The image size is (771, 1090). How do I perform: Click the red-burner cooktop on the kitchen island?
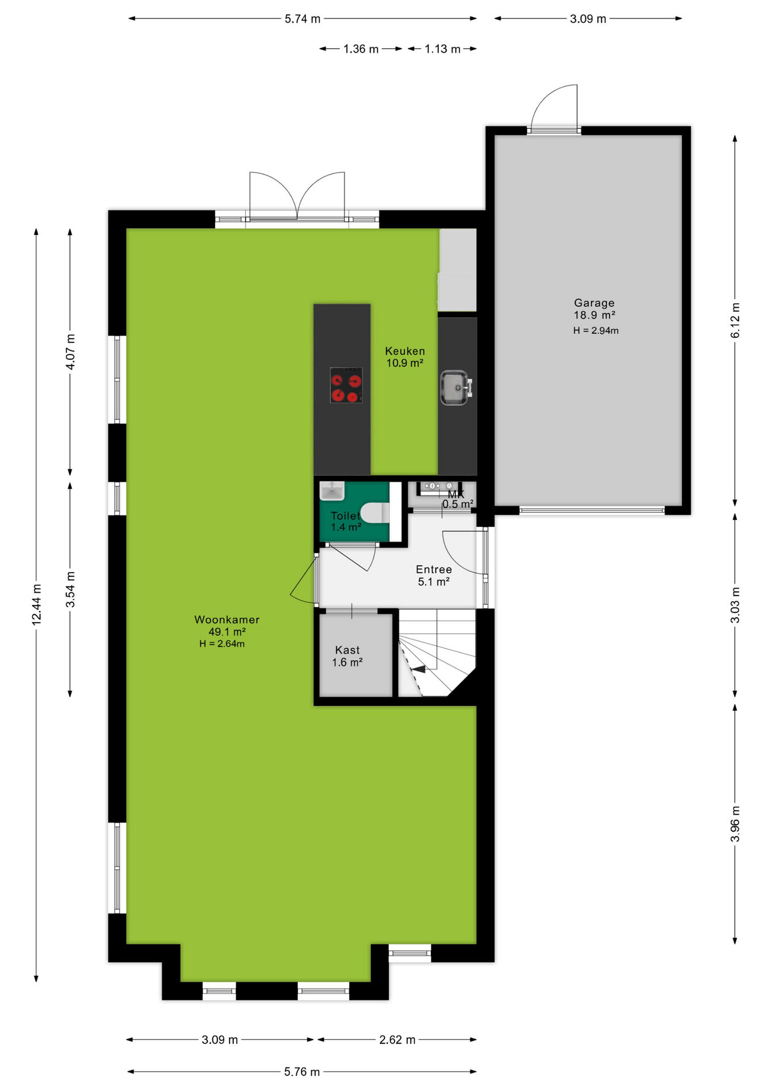click(346, 385)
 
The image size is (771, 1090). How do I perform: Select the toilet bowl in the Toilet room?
click(375, 513)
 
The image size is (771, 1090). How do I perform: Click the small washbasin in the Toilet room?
click(332, 491)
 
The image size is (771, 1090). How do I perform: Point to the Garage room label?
click(594, 303)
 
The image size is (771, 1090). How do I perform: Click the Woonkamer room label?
click(227, 620)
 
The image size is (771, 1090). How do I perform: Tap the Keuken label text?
click(405, 351)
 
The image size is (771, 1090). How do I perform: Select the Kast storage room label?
click(347, 650)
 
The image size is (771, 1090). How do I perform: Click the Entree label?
click(434, 569)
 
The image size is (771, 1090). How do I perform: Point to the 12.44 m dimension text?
click(36, 605)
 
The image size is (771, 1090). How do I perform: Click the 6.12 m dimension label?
click(735, 321)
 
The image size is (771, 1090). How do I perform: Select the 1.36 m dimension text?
click(361, 49)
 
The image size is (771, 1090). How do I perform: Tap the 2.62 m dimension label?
click(397, 1040)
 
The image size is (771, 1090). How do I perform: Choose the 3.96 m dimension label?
click(735, 824)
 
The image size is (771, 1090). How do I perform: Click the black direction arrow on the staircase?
click(419, 669)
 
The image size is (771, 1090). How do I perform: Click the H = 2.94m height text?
click(596, 330)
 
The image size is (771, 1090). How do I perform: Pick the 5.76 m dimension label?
click(302, 1072)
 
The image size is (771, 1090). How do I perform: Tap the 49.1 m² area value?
click(227, 632)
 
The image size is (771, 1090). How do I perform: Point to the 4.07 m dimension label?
click(70, 352)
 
